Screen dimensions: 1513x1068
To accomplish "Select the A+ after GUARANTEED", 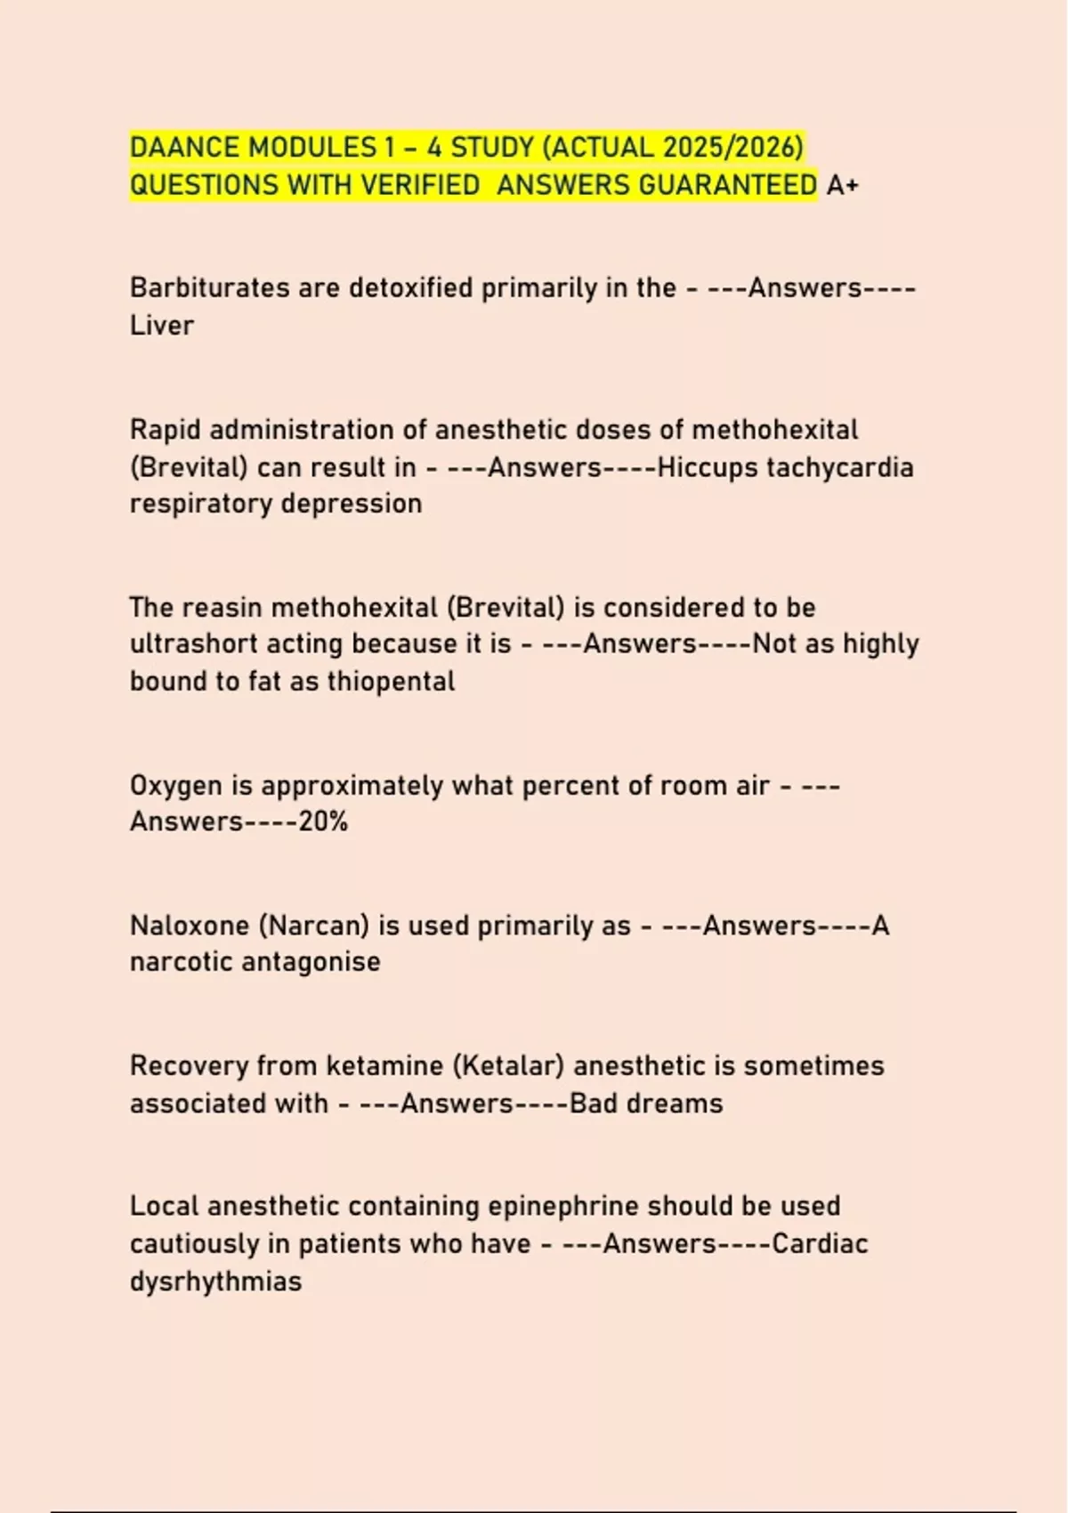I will click(x=842, y=185).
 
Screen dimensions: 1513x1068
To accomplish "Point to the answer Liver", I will click(x=161, y=326).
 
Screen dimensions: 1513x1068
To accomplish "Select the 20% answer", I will click(x=323, y=821).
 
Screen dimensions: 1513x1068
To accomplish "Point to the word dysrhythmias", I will click(x=215, y=1282).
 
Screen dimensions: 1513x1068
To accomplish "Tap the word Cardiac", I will click(x=820, y=1243).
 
